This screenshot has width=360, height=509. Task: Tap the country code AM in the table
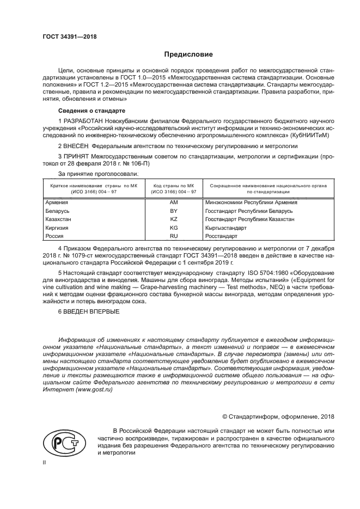tap(174, 202)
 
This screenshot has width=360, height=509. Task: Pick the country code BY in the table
tap(174, 210)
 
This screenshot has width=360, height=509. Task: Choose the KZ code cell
tap(174, 219)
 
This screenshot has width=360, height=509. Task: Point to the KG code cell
tap(174, 228)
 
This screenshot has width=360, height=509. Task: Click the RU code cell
tap(174, 236)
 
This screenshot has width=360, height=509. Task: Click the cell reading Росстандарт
tap(222, 236)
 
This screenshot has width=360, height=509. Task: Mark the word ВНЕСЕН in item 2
tap(75, 146)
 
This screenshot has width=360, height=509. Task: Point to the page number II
tap(45, 462)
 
